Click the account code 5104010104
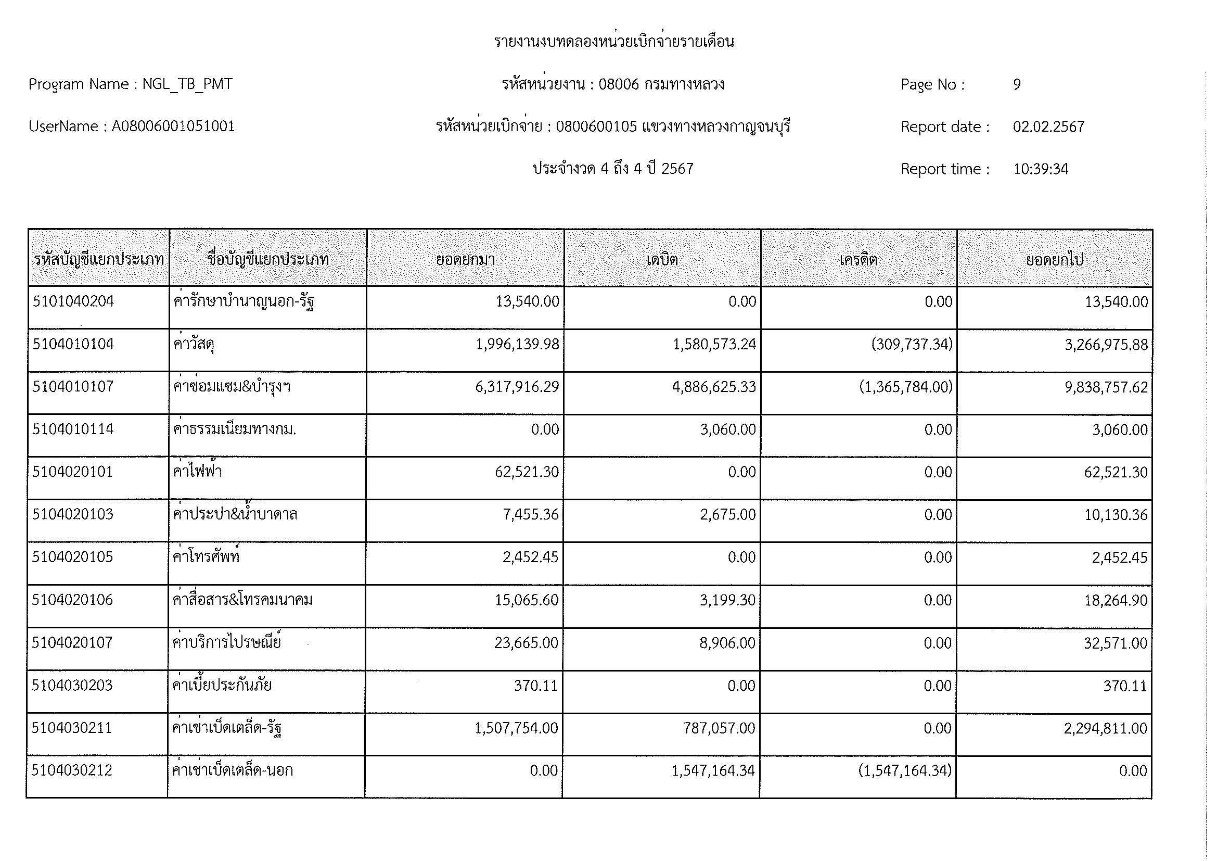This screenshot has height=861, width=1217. (73, 345)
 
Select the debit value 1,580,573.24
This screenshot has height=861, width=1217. (714, 345)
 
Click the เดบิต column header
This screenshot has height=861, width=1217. (662, 259)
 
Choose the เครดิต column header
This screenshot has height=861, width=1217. (858, 259)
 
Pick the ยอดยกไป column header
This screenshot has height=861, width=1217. (1054, 259)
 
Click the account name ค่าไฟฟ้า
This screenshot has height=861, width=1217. (197, 472)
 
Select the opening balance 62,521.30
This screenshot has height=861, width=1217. (527, 472)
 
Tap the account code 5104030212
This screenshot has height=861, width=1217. (72, 770)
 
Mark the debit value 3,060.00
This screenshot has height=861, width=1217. (728, 429)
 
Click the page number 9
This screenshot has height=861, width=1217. (1017, 85)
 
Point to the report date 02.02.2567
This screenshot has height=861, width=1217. (1048, 126)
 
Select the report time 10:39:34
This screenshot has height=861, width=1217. (1041, 169)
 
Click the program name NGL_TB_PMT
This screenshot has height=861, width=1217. (187, 84)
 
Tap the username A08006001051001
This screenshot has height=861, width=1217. (173, 126)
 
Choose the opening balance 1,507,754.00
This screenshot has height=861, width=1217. (516, 728)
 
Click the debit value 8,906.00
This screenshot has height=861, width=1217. (727, 643)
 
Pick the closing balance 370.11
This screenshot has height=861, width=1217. (1125, 686)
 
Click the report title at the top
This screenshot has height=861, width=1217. (614, 41)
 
